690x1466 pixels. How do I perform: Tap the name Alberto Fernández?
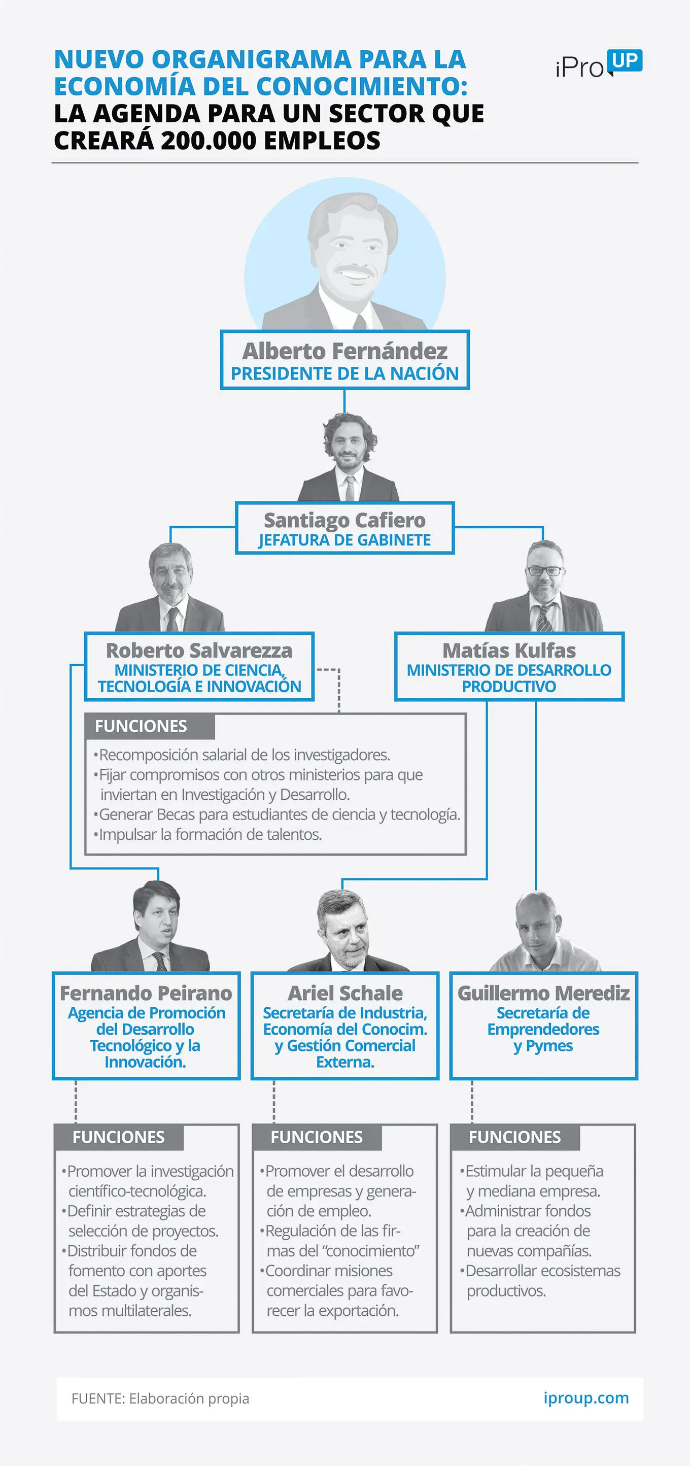(344, 351)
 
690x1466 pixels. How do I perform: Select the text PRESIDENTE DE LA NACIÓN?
(344, 373)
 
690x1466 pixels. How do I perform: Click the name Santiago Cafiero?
(344, 520)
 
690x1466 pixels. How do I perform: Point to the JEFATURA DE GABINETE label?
(344, 539)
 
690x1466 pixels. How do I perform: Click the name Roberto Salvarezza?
(199, 650)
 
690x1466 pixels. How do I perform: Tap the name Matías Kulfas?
(509, 650)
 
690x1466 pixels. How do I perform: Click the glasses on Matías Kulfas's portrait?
(544, 571)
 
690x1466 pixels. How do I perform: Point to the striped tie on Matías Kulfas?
(544, 618)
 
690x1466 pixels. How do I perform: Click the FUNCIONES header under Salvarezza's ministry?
(141, 726)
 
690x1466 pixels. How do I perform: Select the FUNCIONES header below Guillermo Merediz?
(515, 1137)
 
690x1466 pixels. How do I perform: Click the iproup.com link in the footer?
(586, 1399)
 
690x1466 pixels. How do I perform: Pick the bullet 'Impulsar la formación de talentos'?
(208, 834)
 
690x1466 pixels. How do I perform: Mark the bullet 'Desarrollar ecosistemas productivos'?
(540, 1280)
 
